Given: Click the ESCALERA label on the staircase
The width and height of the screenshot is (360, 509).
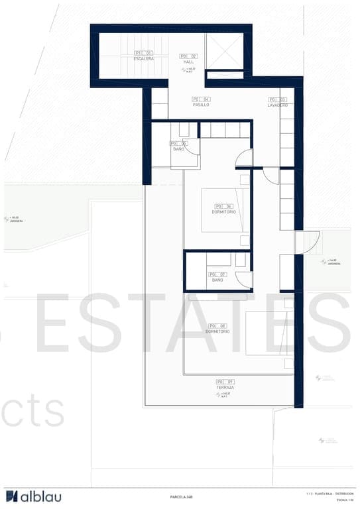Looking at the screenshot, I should coord(144,58).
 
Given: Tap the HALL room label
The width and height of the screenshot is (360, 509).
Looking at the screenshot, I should coord(188,62).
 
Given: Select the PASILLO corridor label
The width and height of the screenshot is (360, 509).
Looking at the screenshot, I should coord(201,105).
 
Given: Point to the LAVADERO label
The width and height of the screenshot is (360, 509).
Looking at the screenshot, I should coord(278,105).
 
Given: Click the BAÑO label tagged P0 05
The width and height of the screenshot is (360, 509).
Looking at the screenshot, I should coord(178,149).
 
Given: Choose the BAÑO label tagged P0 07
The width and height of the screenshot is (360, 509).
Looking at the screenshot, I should coord(217,280).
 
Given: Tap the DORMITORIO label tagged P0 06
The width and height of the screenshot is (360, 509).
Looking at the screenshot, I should coord(224,211).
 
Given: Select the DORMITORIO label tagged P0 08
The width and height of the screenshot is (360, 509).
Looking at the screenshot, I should coord(217,331).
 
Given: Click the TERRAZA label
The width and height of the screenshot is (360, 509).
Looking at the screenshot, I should coord(225,387).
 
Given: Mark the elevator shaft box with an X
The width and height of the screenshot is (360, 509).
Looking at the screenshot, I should coord(224,51).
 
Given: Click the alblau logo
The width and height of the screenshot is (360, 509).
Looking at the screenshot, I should coord(33,496).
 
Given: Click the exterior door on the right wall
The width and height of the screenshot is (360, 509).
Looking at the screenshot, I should coord(308,242).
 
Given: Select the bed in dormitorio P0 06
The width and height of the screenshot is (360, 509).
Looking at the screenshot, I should coord(225,211).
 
